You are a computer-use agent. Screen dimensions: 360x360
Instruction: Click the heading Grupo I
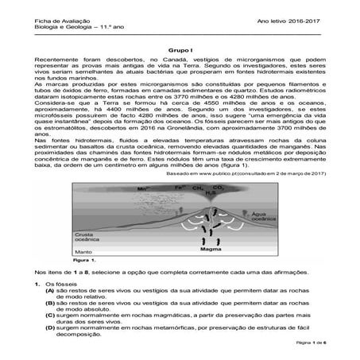coord(180,49)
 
